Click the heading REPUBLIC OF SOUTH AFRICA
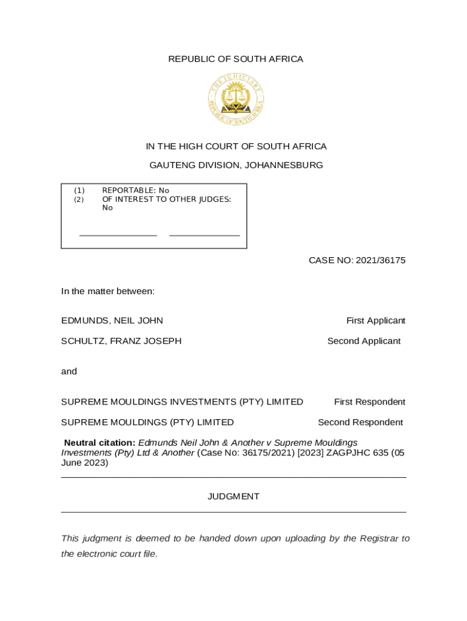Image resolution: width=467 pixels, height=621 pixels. click(x=235, y=59)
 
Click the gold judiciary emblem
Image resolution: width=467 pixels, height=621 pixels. click(x=235, y=99)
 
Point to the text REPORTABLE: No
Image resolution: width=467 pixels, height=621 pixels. click(x=135, y=190)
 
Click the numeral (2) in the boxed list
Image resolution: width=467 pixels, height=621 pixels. click(x=79, y=199)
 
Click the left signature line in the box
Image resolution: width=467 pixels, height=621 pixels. click(x=118, y=235)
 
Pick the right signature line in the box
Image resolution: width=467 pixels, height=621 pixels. click(x=204, y=235)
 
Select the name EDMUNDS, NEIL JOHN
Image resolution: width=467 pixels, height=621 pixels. click(x=112, y=320)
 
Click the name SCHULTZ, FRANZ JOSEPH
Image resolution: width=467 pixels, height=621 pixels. click(x=121, y=341)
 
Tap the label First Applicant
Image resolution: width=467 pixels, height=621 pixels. click(x=375, y=320)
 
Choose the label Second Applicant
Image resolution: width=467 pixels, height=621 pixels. click(x=364, y=341)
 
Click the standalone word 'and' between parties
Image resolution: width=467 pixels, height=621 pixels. click(x=69, y=371)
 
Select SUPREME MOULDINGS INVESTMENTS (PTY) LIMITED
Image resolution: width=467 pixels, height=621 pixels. click(x=182, y=401)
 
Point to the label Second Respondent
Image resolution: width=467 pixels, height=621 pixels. click(x=360, y=422)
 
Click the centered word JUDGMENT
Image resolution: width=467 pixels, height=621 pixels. click(x=233, y=496)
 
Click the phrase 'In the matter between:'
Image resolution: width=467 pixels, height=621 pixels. click(x=108, y=291)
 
